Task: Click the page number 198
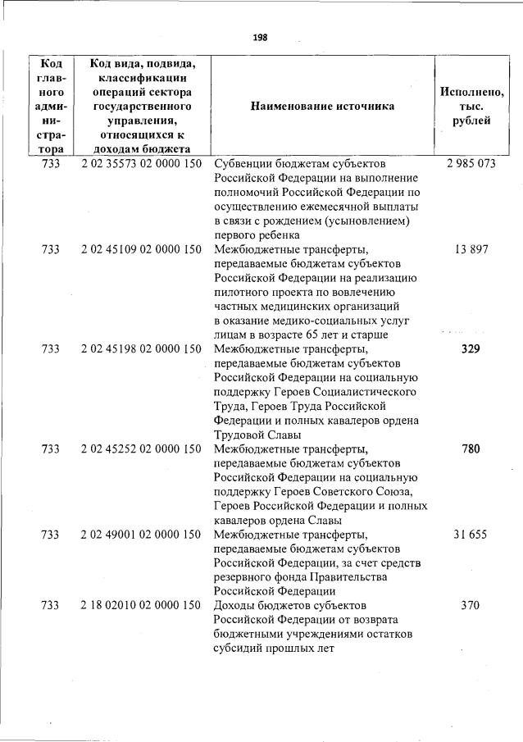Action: pyautogui.click(x=261, y=37)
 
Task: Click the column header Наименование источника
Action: pyautogui.click(x=322, y=106)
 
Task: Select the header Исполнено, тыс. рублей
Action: pyautogui.click(x=471, y=106)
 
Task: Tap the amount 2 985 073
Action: pyautogui.click(x=471, y=163)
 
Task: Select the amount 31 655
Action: pyautogui.click(x=471, y=534)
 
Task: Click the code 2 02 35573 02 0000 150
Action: pyautogui.click(x=141, y=163)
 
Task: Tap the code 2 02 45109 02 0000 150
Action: pyautogui.click(x=141, y=249)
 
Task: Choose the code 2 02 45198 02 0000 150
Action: pyautogui.click(x=141, y=348)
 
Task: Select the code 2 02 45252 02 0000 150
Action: pyautogui.click(x=141, y=448)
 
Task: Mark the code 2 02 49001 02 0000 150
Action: pyautogui.click(x=141, y=534)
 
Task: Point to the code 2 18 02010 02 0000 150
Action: pyautogui.click(x=141, y=605)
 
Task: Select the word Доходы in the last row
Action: pyautogui.click(x=235, y=605)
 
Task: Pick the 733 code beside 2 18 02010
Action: pyautogui.click(x=50, y=605)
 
